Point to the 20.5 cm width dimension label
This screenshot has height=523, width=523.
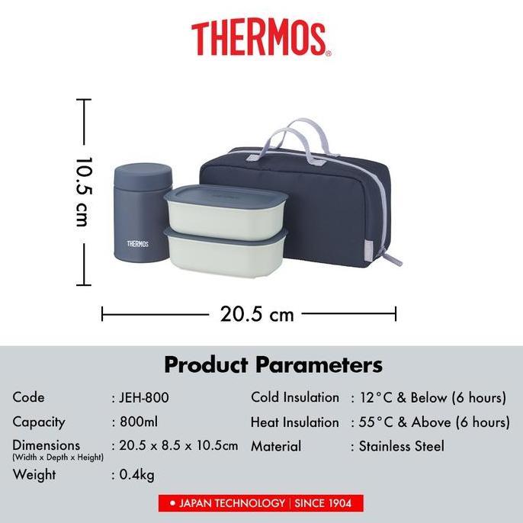click(x=257, y=313)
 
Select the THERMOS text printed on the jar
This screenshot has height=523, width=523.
click(x=137, y=244)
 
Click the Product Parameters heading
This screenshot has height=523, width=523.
click(x=273, y=364)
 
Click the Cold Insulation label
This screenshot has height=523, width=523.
click(x=295, y=397)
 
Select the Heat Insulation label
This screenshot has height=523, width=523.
click(x=295, y=422)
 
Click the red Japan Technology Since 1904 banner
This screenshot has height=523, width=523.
click(x=261, y=503)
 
